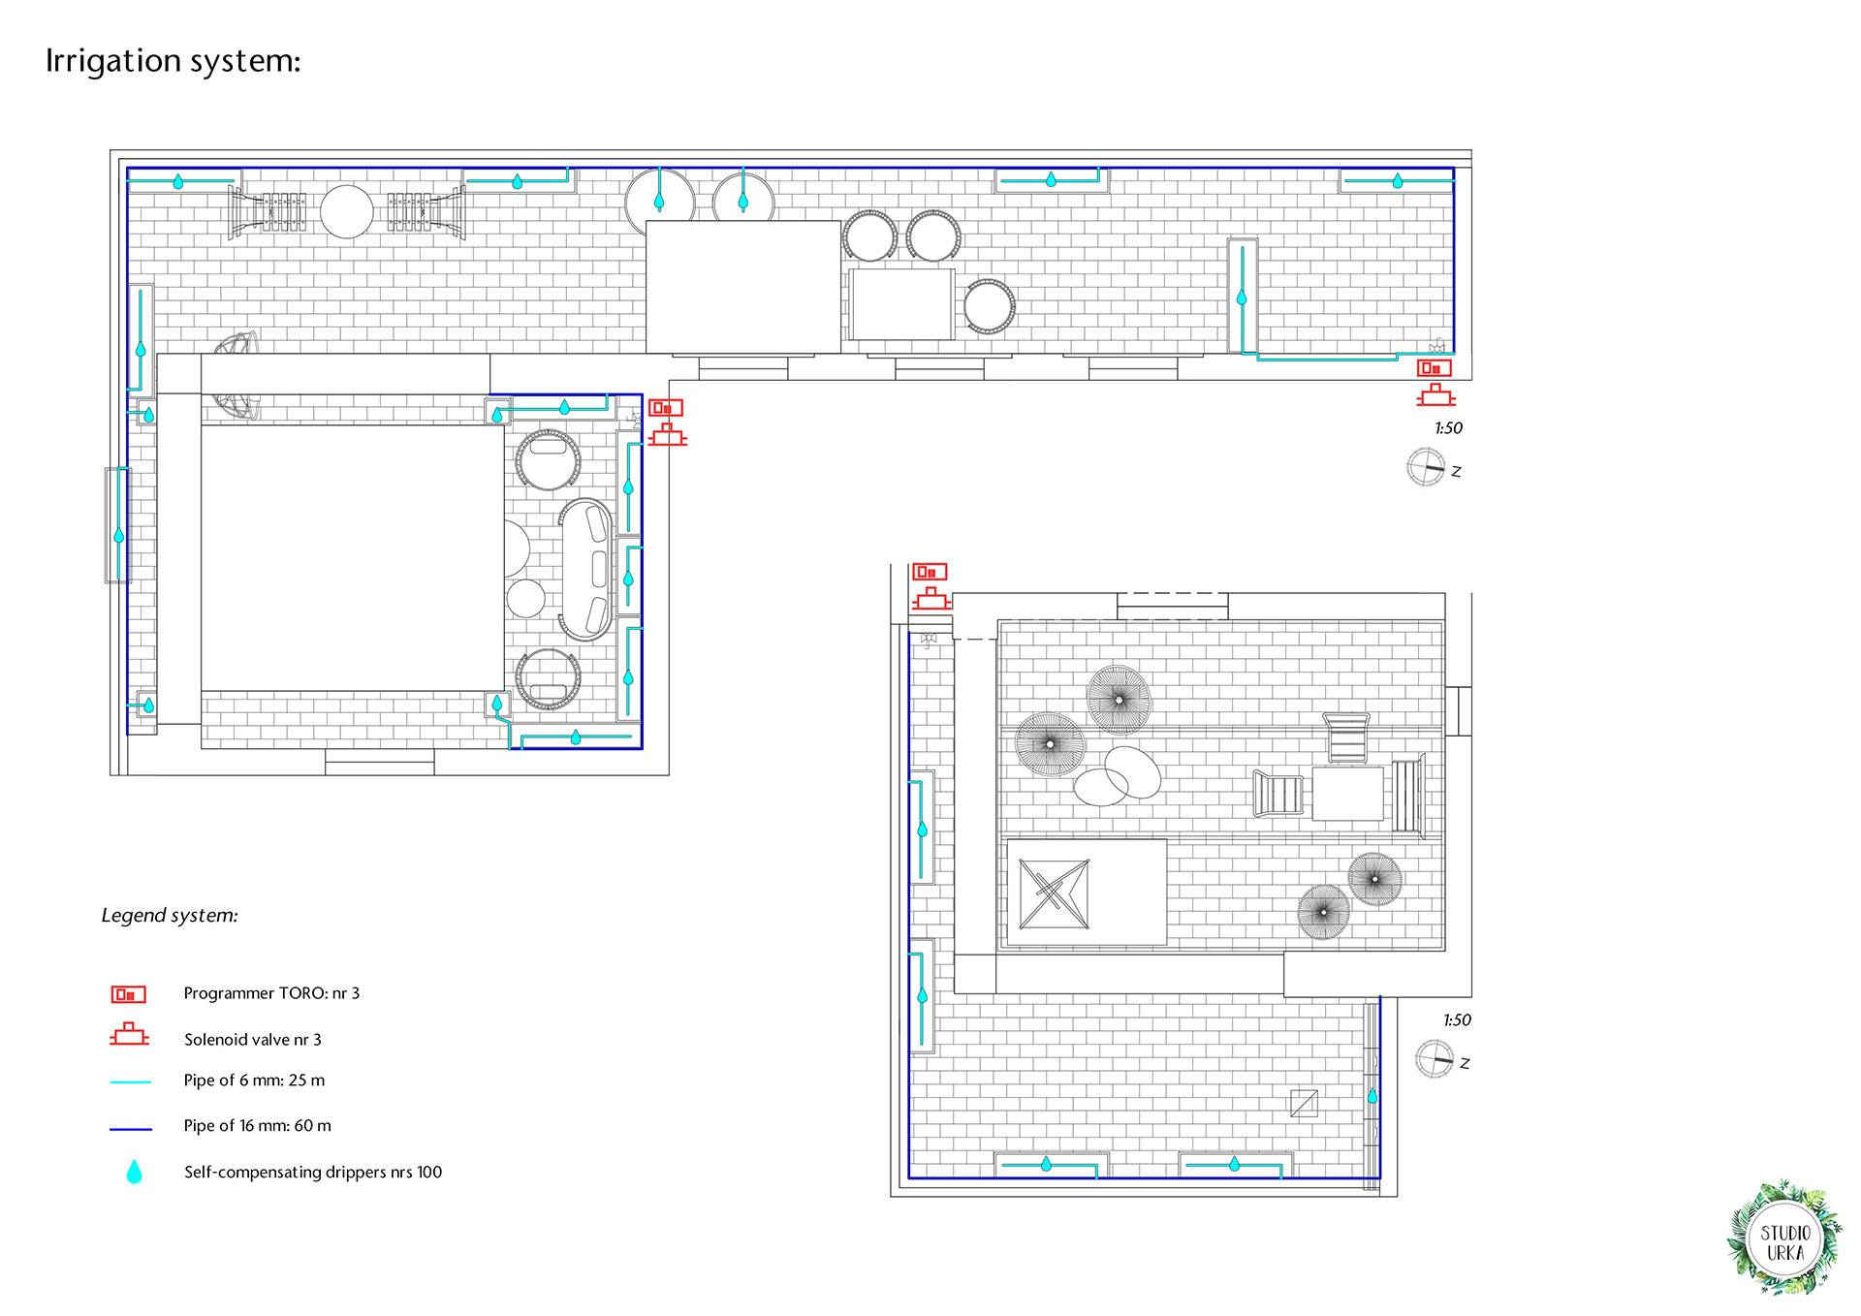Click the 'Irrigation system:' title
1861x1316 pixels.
pos(173,61)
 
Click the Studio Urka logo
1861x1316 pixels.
pos(1784,1238)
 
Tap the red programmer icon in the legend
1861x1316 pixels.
pos(128,994)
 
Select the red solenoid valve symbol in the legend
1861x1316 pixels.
pos(129,1035)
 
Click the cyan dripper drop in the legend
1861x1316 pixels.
pos(135,1172)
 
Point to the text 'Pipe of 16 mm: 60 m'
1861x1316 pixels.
pos(257,1126)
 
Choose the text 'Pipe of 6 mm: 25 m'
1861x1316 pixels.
pos(254,1081)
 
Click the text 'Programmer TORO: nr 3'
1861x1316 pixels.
pos(271,993)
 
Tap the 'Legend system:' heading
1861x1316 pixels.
pos(170,916)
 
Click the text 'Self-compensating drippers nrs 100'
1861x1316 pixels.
pos(313,1173)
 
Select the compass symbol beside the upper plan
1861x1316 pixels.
pos(1426,467)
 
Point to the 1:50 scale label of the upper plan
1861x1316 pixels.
pos(1448,428)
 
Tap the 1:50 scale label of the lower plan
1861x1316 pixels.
pos(1457,1020)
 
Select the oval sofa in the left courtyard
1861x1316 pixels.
pos(586,569)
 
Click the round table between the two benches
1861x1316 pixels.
pos(347,211)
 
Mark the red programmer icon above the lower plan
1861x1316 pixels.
pos(930,572)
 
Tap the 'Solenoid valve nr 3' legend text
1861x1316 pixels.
pos(253,1040)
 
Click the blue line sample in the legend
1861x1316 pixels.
pos(131,1129)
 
